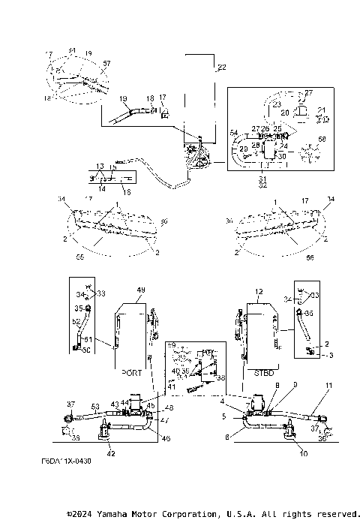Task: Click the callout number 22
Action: click(221, 68)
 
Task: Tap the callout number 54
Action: click(234, 133)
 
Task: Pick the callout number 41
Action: click(172, 386)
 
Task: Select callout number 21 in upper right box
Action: click(322, 110)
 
